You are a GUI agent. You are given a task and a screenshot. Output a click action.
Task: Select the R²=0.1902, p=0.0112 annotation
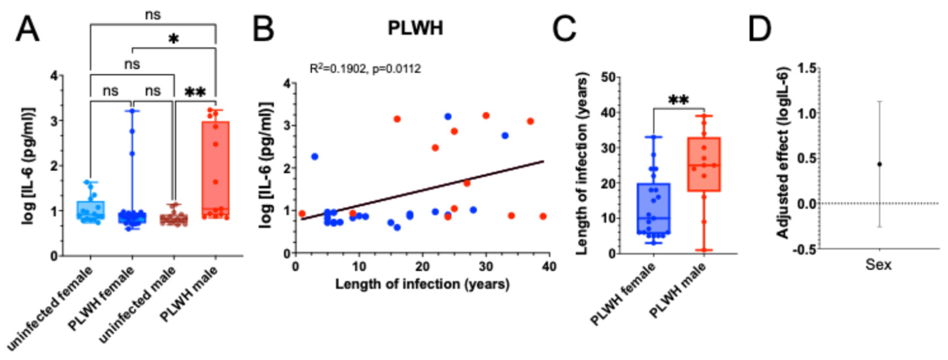click(365, 69)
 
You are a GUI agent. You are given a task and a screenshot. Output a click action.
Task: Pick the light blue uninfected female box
click(91, 210)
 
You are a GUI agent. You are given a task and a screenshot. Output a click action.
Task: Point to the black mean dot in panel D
click(880, 164)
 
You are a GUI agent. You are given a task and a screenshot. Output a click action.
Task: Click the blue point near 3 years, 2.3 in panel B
click(315, 157)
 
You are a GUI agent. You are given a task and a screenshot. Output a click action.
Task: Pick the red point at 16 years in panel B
click(397, 119)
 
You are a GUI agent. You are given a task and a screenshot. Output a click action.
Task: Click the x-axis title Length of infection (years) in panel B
click(422, 284)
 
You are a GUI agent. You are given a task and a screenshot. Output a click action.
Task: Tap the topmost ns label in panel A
click(152, 16)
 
